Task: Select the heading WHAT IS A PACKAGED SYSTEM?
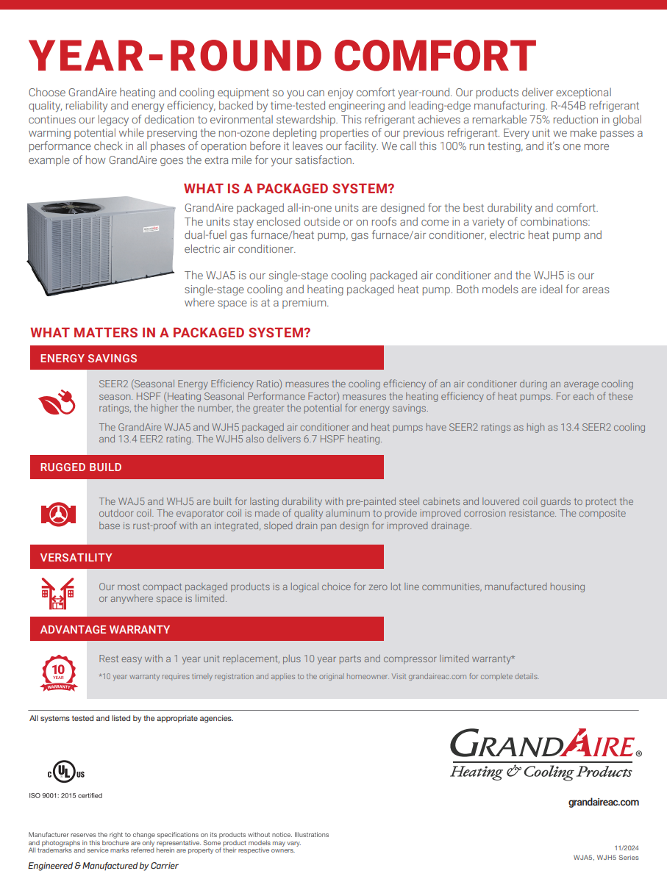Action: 289,189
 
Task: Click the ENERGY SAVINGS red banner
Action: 207,358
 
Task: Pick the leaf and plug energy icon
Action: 57,401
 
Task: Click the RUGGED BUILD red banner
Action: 207,467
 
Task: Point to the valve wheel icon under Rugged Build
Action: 58,513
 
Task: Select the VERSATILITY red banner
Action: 207,557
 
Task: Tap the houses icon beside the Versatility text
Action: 57,592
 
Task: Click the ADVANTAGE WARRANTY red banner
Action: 207,629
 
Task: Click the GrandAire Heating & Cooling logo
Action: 545,754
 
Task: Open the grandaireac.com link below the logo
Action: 604,802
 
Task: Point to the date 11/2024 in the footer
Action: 627,848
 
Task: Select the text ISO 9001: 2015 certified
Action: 65,795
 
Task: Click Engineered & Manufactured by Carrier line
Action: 103,866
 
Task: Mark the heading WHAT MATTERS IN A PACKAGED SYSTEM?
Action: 171,333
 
